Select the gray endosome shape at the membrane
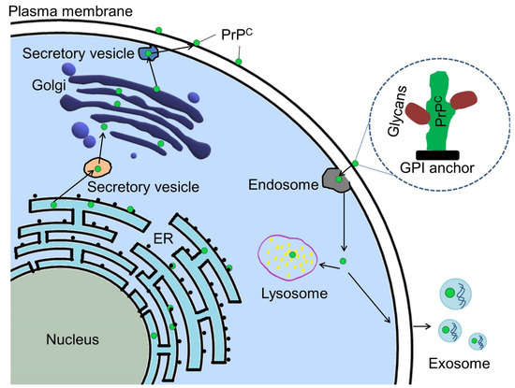pyautogui.click(x=336, y=179)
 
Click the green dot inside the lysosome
pyautogui.click(x=292, y=254)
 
